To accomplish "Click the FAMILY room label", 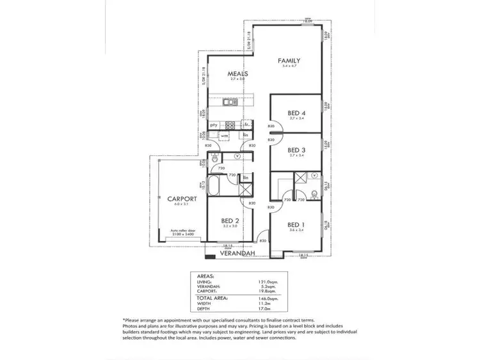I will (x=289, y=61).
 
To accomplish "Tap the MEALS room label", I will (x=238, y=74).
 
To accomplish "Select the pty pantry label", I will (x=214, y=125).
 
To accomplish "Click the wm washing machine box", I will (x=225, y=136).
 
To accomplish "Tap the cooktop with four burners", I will (x=230, y=125).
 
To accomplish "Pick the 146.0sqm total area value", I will (x=267, y=297).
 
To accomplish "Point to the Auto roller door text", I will (x=183, y=231).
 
